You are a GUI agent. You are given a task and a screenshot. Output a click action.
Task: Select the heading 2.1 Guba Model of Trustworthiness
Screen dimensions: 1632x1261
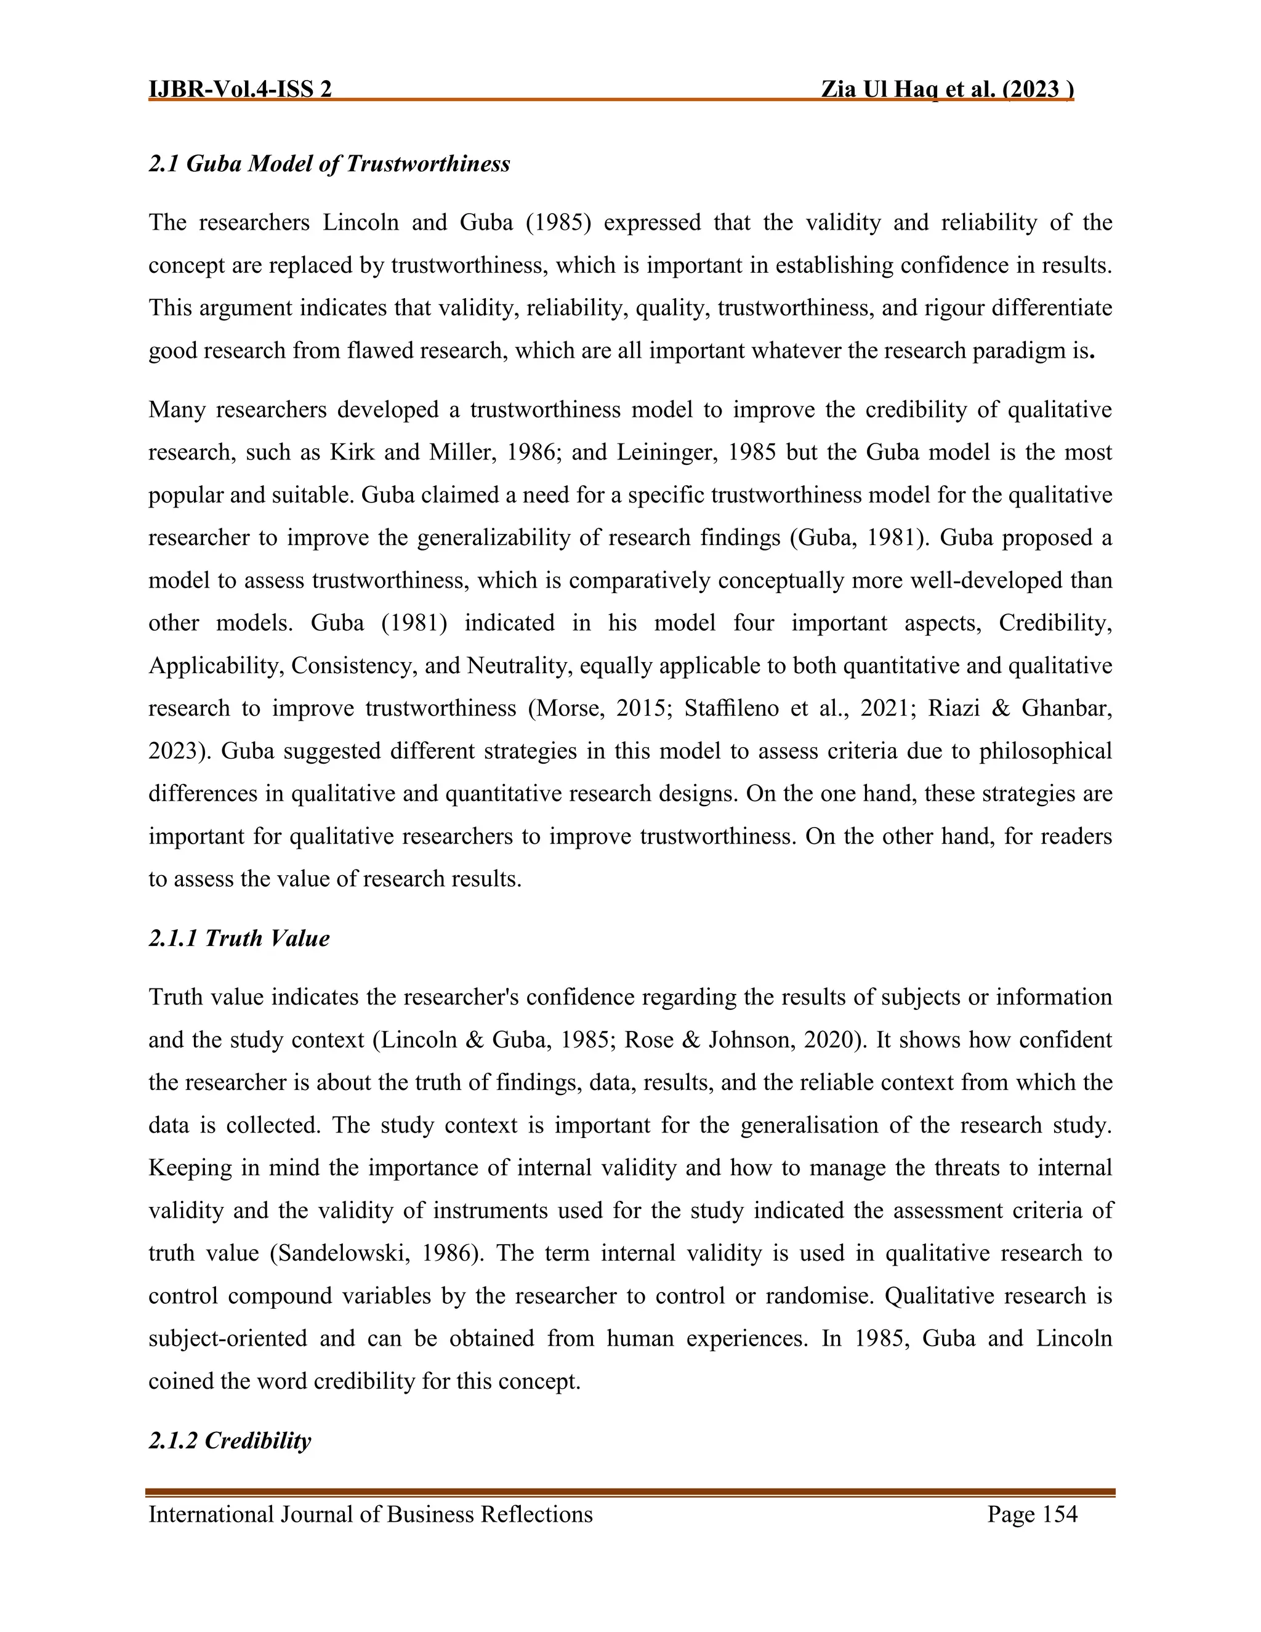[x=329, y=164]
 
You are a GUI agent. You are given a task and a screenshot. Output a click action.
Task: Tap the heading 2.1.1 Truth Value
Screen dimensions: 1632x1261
[x=238, y=939]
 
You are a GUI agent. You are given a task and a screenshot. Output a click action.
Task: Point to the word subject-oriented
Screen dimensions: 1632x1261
[x=228, y=1338]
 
